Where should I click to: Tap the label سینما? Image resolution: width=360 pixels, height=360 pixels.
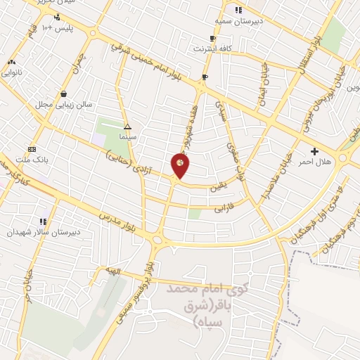[128, 137]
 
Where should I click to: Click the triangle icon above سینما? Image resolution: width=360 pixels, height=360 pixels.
[128, 127]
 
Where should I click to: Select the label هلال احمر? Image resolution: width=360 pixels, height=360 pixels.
[314, 162]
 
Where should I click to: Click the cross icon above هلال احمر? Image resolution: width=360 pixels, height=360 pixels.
[314, 151]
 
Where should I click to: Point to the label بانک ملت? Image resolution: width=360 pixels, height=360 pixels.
[32, 160]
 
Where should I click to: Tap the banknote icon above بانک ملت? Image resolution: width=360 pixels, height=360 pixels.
[32, 149]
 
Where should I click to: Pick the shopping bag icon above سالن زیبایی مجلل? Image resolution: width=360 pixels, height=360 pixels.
[64, 94]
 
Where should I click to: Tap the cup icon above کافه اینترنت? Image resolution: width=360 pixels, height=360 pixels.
[213, 39]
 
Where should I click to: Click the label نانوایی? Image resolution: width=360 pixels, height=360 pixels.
[12, 72]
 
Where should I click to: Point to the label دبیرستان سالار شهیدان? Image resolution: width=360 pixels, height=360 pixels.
[44, 231]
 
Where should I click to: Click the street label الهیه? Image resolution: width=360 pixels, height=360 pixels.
[113, 271]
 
